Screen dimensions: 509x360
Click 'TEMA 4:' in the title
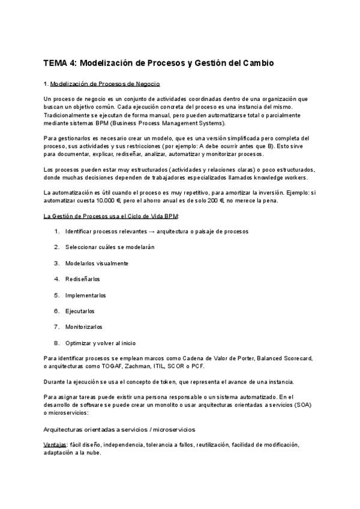[x=59, y=62]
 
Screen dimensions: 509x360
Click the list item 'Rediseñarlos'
[x=83, y=279]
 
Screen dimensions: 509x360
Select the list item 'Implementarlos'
[x=86, y=295]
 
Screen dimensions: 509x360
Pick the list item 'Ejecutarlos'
[x=80, y=311]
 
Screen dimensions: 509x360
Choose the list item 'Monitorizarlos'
[x=84, y=327]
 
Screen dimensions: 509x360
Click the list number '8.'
[x=56, y=343]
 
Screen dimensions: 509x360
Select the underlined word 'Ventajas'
[x=55, y=445]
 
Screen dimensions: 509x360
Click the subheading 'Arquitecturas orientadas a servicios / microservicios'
[x=119, y=429]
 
